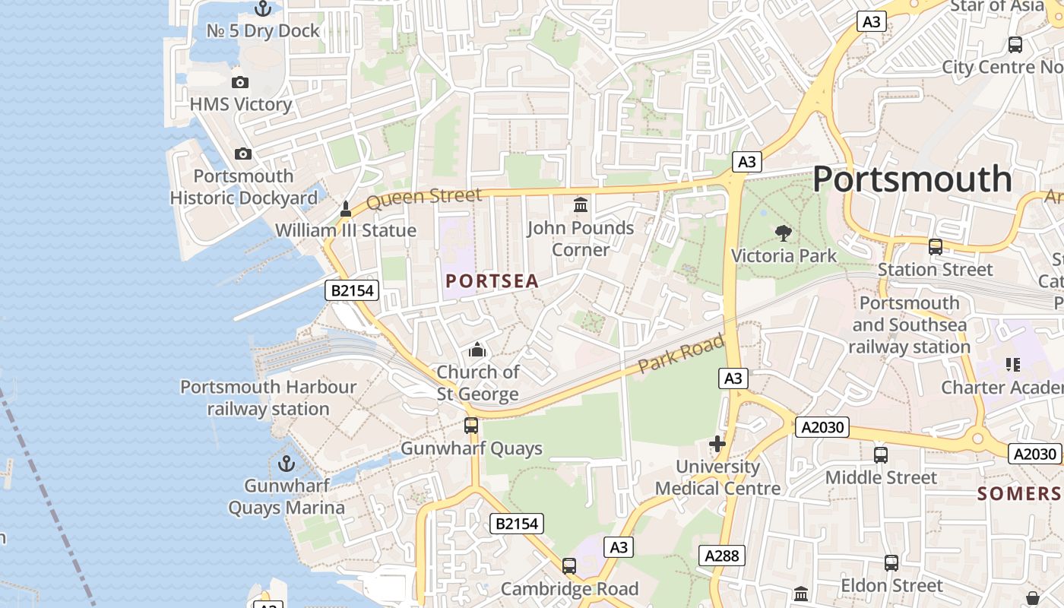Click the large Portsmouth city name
click(x=912, y=180)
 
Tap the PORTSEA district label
click(x=492, y=281)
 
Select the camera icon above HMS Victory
click(x=240, y=82)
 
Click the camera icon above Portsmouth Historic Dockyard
click(x=243, y=154)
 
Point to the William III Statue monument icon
click(x=345, y=208)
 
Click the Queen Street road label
click(x=423, y=198)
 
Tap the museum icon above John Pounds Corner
click(x=581, y=205)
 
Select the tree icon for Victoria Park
click(x=783, y=233)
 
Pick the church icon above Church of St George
click(x=477, y=350)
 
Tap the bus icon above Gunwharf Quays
click(x=471, y=426)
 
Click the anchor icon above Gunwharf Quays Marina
click(x=287, y=463)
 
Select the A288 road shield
click(x=722, y=556)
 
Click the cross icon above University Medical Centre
click(x=717, y=444)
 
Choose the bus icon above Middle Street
click(x=881, y=455)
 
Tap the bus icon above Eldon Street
click(x=891, y=563)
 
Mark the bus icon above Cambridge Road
click(x=569, y=565)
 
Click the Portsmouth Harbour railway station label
click(x=268, y=397)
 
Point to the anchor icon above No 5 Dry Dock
click(x=263, y=8)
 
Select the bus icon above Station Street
click(x=936, y=247)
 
